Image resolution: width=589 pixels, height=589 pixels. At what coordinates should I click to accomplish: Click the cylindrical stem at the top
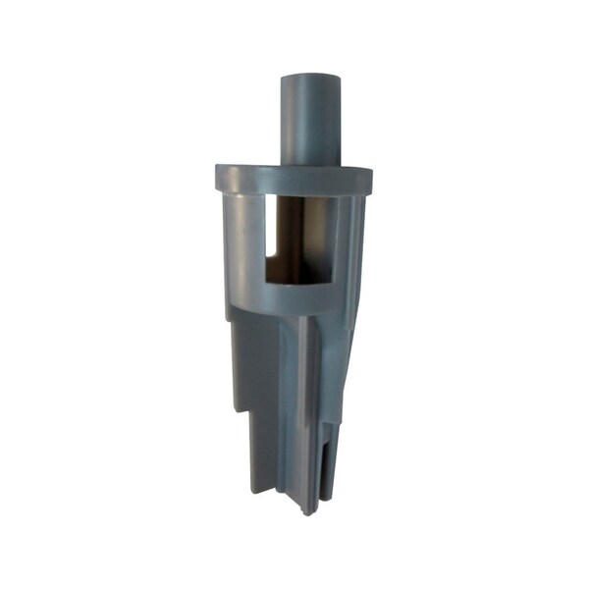pyautogui.click(x=310, y=118)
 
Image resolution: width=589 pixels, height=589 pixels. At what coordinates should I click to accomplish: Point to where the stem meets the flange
pyautogui.click(x=310, y=164)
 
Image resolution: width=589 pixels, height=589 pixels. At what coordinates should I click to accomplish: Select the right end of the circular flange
pyautogui.click(x=369, y=179)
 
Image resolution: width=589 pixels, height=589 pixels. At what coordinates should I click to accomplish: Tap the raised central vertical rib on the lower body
pyautogui.click(x=307, y=412)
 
